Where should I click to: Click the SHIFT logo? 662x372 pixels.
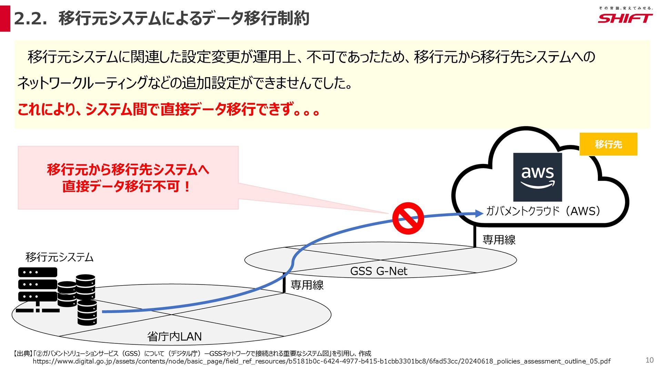[625, 18]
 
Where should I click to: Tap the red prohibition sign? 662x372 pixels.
[408, 218]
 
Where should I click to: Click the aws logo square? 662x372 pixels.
[538, 177]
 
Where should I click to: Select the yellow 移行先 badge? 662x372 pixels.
[608, 144]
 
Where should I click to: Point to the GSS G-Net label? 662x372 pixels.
[379, 271]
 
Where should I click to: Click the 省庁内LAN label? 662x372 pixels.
[174, 336]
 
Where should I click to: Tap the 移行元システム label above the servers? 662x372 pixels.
[59, 257]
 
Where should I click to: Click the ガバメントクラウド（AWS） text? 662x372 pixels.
[543, 211]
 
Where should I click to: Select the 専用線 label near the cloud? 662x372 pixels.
[499, 239]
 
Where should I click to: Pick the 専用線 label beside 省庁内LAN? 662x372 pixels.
[307, 285]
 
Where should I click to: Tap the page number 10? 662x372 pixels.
[649, 360]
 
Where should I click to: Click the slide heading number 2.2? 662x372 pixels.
[30, 19]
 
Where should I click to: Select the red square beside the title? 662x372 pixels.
[5, 19]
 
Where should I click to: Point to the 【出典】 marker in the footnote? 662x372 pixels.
[23, 353]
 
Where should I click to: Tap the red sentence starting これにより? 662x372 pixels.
[169, 110]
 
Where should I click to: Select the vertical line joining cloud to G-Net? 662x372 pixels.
[475, 237]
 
